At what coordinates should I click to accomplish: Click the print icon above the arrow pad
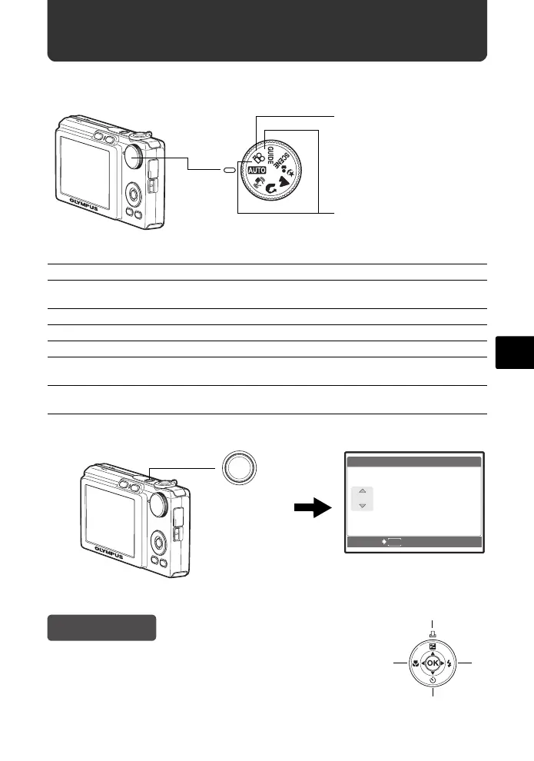pyautogui.click(x=433, y=635)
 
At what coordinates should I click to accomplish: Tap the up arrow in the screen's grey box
pyautogui.click(x=361, y=492)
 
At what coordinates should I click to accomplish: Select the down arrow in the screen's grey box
pyautogui.click(x=361, y=506)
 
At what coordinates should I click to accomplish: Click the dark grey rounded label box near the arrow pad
pyautogui.click(x=102, y=627)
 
